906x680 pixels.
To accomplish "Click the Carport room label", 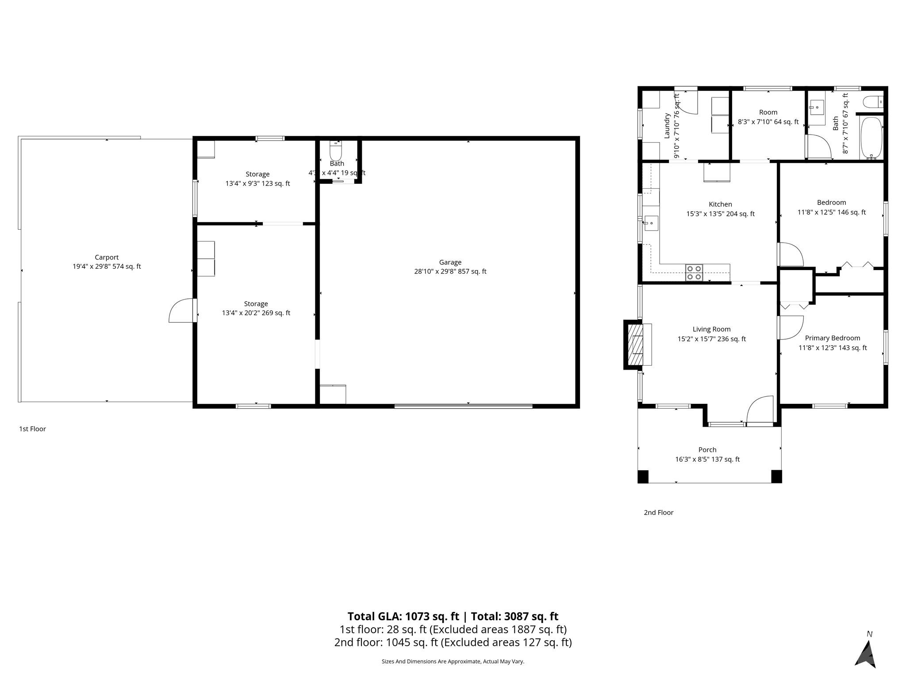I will pos(107,257).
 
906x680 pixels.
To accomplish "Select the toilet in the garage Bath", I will pos(336,152).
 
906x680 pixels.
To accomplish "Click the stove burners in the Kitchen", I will pos(694,273).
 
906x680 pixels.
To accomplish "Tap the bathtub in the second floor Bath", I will pos(871,138).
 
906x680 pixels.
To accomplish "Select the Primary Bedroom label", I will pos(833,338).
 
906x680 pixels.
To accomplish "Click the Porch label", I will pos(707,449).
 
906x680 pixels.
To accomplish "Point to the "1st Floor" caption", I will pos(32,429).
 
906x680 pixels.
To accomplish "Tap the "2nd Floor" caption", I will pos(658,512).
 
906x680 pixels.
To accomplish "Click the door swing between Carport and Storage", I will pos(182,311).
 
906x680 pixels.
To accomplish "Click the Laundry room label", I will pos(667,126).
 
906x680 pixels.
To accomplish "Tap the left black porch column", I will pos(643,476).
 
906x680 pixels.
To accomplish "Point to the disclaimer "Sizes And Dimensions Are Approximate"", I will pos(453,661).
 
